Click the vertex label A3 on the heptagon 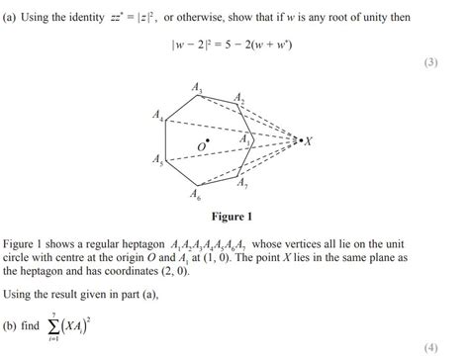[x=198, y=91]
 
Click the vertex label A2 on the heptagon [x=238, y=98]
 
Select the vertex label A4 [x=159, y=118]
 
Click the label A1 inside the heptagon [x=244, y=139]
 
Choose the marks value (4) [x=429, y=347]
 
